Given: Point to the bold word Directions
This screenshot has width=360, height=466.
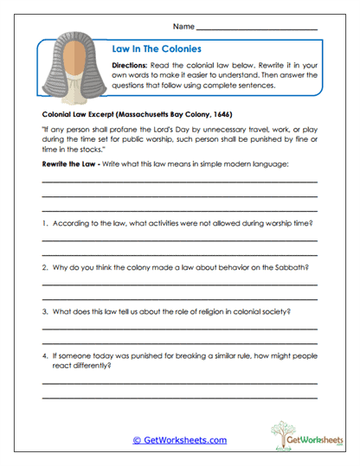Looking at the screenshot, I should [x=134, y=66].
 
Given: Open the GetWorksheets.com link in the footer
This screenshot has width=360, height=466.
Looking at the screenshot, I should [x=179, y=440].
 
